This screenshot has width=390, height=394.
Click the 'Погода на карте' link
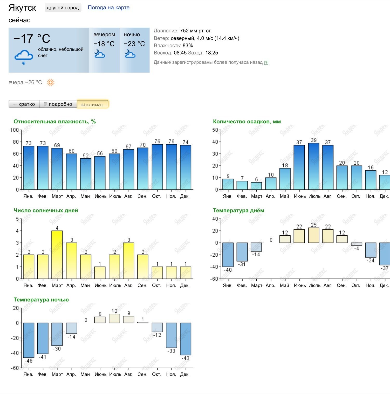108,8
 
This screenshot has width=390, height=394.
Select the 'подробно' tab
58,104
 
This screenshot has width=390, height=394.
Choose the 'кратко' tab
24,104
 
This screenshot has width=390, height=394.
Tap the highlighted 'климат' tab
92,104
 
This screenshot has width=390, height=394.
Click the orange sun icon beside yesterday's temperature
50,82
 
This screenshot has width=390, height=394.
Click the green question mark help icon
266,62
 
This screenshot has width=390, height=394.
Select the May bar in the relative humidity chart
86,174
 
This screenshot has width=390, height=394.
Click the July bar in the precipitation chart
313,166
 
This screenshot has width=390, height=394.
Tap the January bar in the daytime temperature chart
228,255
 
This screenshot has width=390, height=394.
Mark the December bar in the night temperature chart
186,339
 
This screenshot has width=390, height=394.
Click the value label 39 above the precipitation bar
314,140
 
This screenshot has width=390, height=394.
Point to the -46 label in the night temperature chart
28,361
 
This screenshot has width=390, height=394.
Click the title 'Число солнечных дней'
46,210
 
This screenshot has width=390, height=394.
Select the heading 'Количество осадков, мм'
247,122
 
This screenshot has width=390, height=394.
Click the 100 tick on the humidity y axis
14,130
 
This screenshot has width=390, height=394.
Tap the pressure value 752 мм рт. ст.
196,31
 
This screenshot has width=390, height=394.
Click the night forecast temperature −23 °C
134,44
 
